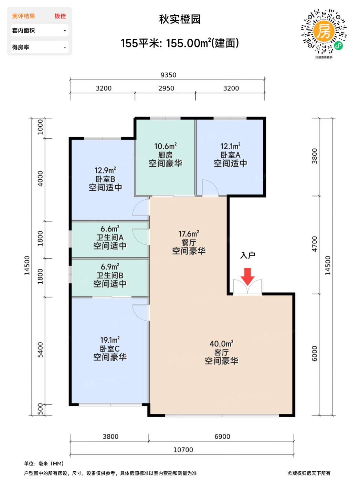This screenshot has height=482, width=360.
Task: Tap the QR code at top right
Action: click(x=324, y=31)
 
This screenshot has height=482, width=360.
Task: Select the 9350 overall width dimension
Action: click(x=168, y=75)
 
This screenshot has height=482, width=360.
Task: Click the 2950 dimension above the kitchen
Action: click(x=166, y=88)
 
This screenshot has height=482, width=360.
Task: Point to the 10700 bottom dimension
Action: click(x=183, y=450)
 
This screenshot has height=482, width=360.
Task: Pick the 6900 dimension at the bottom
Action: click(x=222, y=437)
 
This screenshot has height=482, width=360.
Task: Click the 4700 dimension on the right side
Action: click(x=315, y=244)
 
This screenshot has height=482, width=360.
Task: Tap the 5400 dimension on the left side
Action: click(x=40, y=350)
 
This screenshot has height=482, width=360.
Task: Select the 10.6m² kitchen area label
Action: click(x=166, y=146)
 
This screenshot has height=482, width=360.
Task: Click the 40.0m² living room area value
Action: click(x=222, y=344)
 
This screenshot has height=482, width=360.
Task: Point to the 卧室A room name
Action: click(x=231, y=155)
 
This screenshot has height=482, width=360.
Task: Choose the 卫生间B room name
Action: click(x=110, y=275)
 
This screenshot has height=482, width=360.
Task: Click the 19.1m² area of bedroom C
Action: click(x=110, y=340)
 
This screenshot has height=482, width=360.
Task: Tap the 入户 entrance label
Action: click(x=247, y=255)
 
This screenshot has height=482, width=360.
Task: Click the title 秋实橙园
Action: click(x=180, y=19)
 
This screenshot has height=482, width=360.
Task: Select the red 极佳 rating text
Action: click(x=60, y=16)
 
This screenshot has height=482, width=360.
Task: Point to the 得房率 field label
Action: click(x=21, y=47)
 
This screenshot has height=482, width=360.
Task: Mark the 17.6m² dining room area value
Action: click(x=189, y=234)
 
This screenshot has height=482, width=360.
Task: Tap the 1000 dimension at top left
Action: click(x=40, y=127)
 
